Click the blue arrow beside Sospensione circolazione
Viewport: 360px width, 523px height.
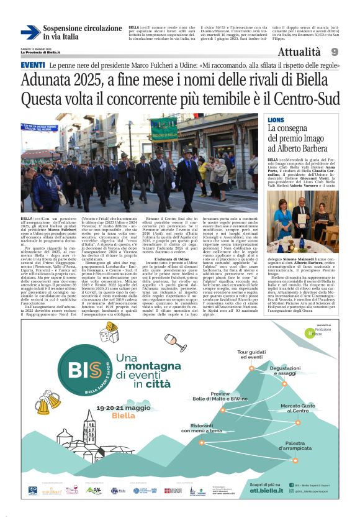click(30, 33)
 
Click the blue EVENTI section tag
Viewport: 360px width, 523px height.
click(32, 65)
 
